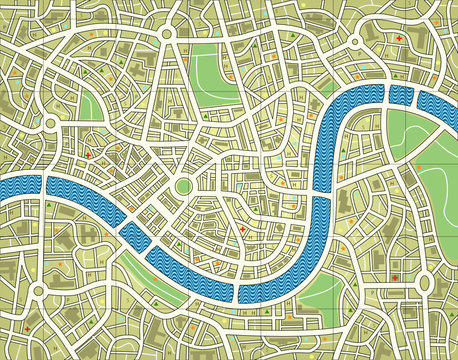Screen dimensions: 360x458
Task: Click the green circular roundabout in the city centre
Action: pos(184,187)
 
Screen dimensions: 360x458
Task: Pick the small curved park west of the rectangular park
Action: pos(89,104)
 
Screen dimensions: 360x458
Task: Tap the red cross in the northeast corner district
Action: pos(399,39)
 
